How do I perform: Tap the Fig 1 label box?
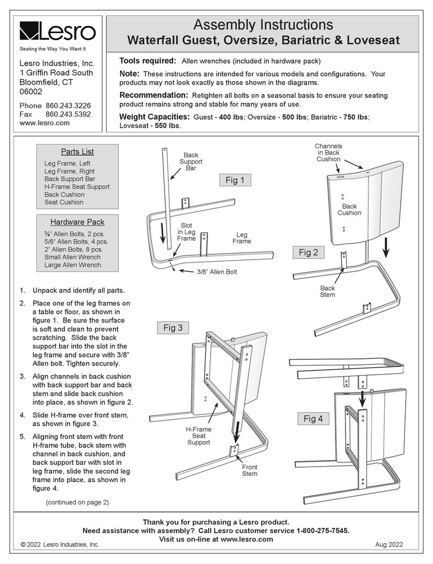click(235, 180)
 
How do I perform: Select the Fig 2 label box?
click(308, 253)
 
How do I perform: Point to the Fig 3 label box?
click(173, 327)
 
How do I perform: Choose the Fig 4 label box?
click(313, 418)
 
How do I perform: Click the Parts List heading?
click(78, 152)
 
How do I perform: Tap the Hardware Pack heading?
click(78, 222)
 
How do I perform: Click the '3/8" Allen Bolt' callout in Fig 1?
click(217, 272)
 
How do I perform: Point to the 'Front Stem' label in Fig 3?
click(250, 470)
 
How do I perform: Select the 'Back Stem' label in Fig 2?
click(327, 291)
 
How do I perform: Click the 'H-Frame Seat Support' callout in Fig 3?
click(198, 436)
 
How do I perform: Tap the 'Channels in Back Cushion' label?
click(328, 153)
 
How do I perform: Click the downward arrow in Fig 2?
click(386, 247)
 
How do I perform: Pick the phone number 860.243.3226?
click(68, 106)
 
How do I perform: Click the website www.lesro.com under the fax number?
click(44, 123)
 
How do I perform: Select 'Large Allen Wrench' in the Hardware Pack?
click(72, 265)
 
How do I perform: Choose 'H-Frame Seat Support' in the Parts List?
click(77, 187)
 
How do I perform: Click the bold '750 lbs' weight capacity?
click(355, 117)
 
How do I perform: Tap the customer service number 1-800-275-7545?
click(323, 530)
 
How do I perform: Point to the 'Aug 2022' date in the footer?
click(389, 545)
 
